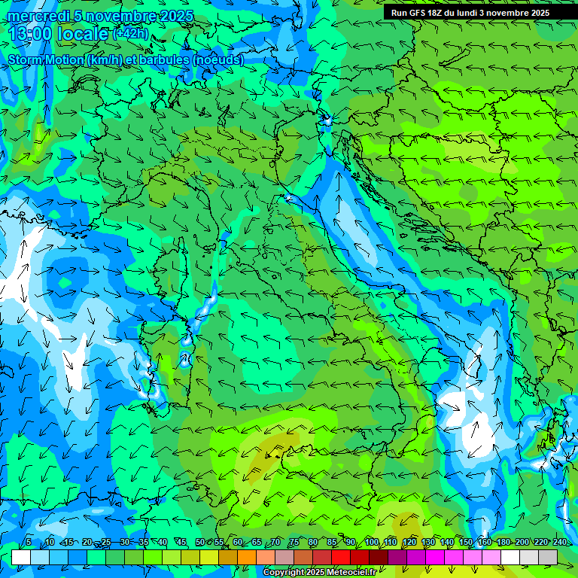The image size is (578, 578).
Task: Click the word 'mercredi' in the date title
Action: pyautogui.click(x=37, y=16)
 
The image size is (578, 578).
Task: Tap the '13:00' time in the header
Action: pyautogui.click(x=31, y=34)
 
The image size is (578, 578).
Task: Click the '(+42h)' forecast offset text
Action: pyautogui.click(x=130, y=33)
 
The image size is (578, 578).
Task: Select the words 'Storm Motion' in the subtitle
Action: pyautogui.click(x=45, y=59)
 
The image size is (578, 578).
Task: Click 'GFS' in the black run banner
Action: pyautogui.click(x=418, y=13)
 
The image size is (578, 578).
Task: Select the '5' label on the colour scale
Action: pyautogui.click(x=29, y=543)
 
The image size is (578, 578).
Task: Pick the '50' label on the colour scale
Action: pyautogui.click(x=200, y=543)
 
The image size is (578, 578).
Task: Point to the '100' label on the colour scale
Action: pyautogui.click(x=372, y=543)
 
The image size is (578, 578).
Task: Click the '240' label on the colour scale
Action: pyautogui.click(x=560, y=543)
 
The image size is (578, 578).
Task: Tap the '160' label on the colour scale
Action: pyautogui.click(x=485, y=543)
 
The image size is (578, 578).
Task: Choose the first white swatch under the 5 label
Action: pyautogui.click(x=21, y=557)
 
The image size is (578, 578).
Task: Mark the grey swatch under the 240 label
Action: pyautogui.click(x=548, y=557)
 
